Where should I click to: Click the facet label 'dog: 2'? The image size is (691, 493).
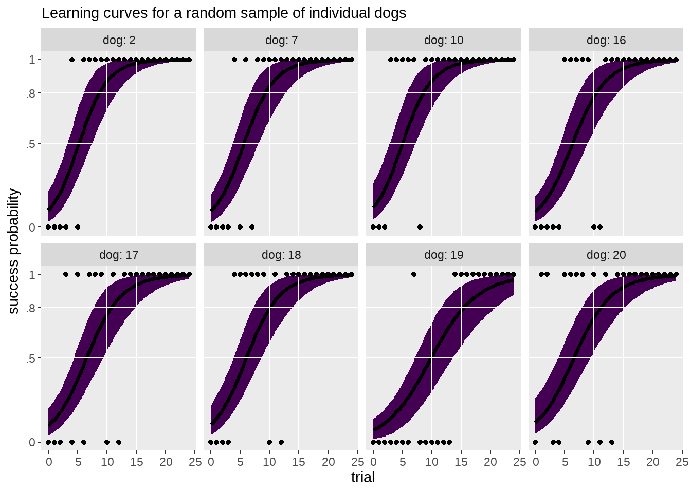(119, 40)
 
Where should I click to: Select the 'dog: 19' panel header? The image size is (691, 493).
(444, 255)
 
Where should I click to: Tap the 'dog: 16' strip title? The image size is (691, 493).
(606, 40)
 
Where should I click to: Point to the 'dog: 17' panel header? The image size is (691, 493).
(119, 255)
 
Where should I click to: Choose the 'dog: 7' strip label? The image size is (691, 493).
(281, 40)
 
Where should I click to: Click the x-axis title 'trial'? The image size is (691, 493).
(362, 478)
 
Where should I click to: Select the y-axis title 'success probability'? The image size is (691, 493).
(14, 251)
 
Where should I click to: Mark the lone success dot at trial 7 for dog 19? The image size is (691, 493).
(414, 274)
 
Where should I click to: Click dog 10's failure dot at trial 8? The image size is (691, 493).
(420, 227)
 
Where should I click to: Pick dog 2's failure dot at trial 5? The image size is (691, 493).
(78, 227)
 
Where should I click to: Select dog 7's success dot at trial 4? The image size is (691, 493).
(234, 60)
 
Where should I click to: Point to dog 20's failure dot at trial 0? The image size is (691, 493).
(535, 442)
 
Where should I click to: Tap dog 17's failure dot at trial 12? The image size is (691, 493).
(119, 442)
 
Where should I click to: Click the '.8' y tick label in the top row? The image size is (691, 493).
(32, 93)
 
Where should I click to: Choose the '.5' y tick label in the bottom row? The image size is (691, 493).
(32, 358)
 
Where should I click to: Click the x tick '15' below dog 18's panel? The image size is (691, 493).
(299, 462)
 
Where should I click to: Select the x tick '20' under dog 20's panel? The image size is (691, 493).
(653, 462)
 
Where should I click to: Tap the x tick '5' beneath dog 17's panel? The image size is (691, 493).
(78, 462)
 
